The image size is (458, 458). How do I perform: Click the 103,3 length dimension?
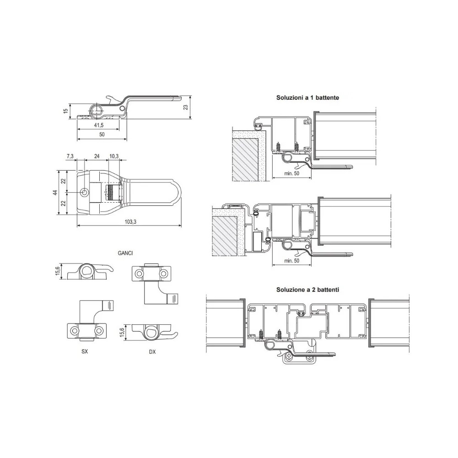[x=130, y=222]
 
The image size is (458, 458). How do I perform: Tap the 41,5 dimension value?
[x=99, y=125]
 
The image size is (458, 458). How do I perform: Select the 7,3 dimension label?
[x=70, y=156]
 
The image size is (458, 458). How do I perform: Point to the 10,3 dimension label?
[x=114, y=156]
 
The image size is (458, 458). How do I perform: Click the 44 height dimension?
[x=55, y=193]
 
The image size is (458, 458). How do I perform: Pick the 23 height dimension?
[x=185, y=107]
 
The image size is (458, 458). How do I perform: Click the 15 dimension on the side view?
[x=66, y=111]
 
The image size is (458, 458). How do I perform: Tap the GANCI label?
[x=125, y=253]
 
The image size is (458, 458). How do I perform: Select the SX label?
[x=84, y=351]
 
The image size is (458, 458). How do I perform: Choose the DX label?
[x=152, y=352]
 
